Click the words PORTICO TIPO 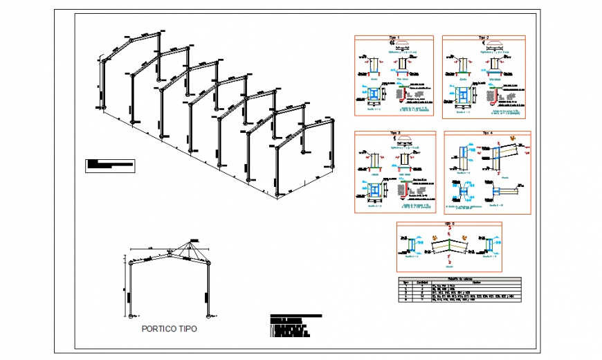point(169,329)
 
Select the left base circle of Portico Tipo point(130,316)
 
